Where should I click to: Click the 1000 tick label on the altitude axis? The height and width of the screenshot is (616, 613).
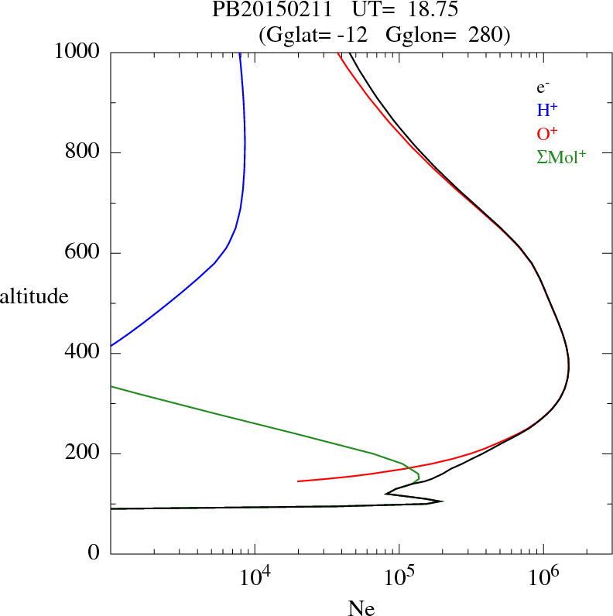point(78,52)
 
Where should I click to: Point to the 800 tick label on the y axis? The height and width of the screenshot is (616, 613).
point(84,152)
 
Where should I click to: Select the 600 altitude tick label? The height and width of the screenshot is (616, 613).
point(84,253)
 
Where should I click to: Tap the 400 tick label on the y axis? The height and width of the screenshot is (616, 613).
point(84,354)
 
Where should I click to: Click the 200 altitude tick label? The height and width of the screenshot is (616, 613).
point(84,454)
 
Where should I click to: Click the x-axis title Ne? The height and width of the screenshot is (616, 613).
point(361,608)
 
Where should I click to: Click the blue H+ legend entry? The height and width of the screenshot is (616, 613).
point(547,111)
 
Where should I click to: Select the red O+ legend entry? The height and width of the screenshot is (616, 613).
point(547,134)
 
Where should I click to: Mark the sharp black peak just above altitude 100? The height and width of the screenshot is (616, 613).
point(442,501)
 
